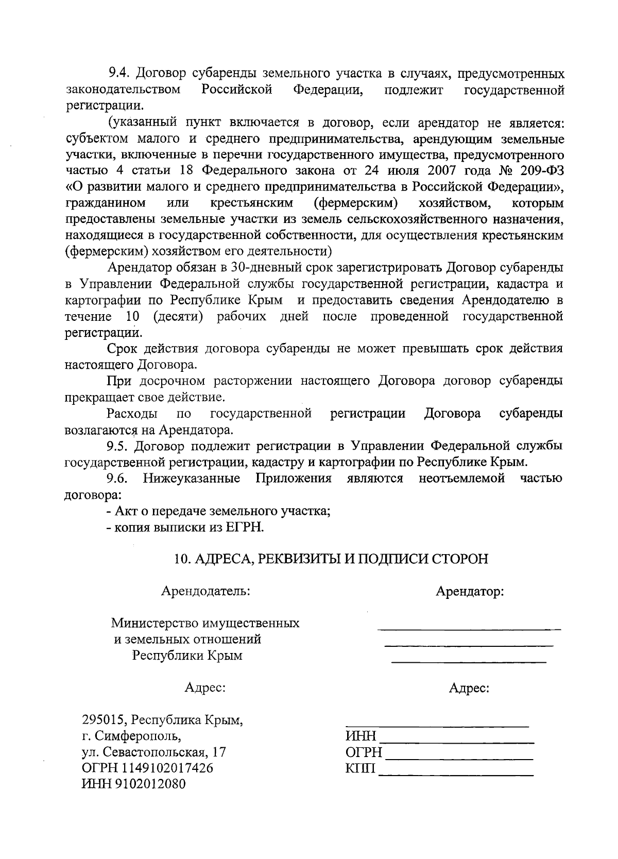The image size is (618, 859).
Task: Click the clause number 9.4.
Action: click(x=119, y=74)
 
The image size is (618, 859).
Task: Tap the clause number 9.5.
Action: click(x=119, y=445)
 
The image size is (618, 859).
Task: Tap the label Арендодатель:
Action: click(x=206, y=591)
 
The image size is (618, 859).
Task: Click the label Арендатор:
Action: click(x=470, y=591)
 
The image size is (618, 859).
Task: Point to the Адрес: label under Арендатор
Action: click(x=469, y=688)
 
